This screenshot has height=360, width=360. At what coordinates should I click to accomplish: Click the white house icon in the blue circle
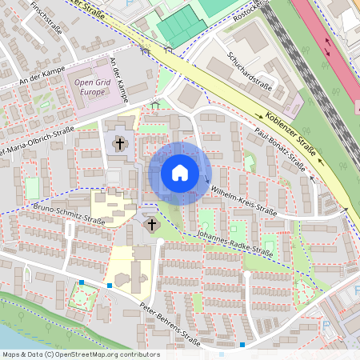(x=180, y=173)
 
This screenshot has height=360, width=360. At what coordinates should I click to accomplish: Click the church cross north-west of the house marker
(x=120, y=144)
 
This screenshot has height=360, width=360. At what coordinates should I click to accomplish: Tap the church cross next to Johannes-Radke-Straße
(x=151, y=226)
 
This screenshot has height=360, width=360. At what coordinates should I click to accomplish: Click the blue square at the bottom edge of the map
(x=242, y=345)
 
